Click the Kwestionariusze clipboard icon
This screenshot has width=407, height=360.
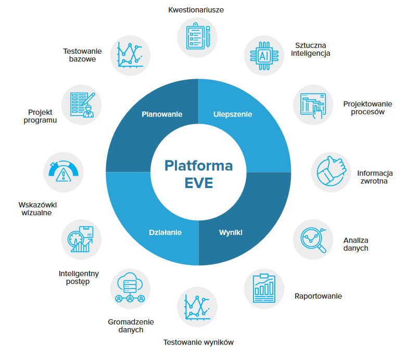tap(198, 37)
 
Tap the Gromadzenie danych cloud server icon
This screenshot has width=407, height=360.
tap(131, 289)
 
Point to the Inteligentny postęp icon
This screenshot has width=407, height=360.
tap(82, 239)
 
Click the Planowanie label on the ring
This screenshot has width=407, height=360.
tap(162, 114)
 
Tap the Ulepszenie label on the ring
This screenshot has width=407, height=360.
tap(233, 114)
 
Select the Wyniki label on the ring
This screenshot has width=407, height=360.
tap(232, 232)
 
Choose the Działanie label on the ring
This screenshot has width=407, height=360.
tap(164, 232)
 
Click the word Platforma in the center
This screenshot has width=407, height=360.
tap(198, 166)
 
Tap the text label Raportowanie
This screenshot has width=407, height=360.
tap(318, 296)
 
